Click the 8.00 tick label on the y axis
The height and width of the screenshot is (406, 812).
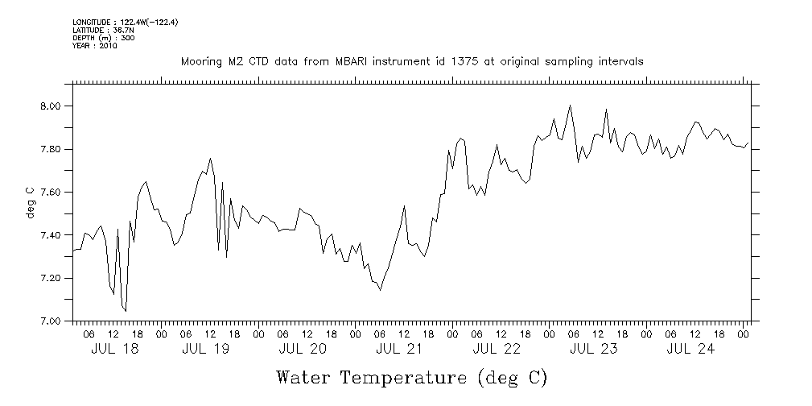coord(51,106)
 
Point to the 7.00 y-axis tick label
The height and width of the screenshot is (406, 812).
coord(51,321)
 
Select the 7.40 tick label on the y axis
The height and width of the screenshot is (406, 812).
coord(51,235)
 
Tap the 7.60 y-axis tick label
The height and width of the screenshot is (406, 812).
coord(51,193)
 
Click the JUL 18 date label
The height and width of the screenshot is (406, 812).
coord(109,349)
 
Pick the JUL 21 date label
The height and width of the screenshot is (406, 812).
coord(399,349)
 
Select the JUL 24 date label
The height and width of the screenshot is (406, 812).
coord(690,349)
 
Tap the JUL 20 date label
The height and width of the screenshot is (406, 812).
coord(303,349)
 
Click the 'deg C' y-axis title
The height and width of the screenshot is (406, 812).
coord(30,202)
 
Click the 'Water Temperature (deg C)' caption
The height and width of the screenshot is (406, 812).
coord(411,378)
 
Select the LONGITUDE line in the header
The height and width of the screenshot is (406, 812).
coord(125,23)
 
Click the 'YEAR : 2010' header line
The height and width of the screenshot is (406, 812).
coord(95,46)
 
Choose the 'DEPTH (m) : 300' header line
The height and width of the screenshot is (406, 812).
coord(101,38)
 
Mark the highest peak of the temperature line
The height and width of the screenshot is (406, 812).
coord(570,106)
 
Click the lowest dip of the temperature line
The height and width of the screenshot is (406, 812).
coord(126,311)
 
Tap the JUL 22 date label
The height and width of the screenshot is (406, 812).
coord(497,349)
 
